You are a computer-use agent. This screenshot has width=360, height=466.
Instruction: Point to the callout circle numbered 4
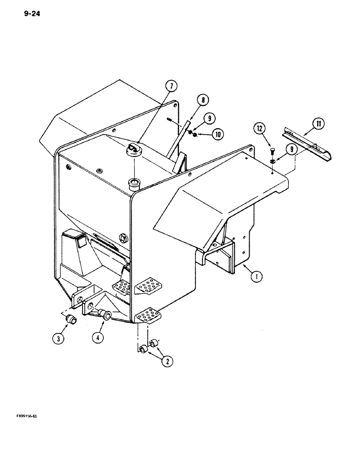[x=97, y=338]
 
